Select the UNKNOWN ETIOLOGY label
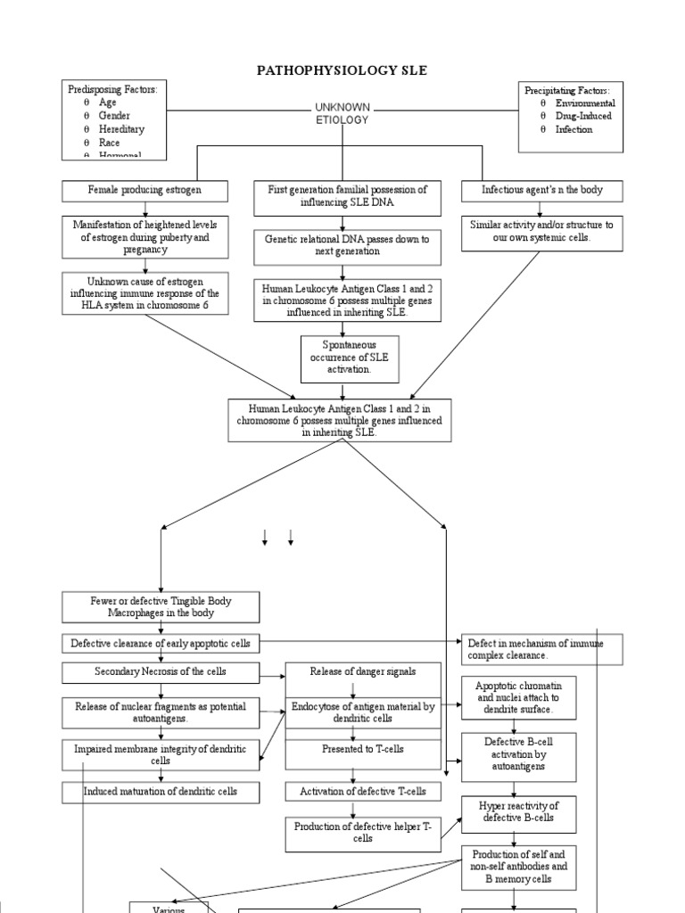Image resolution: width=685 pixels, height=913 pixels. click(342, 113)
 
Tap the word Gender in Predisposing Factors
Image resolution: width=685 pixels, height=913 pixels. click(114, 116)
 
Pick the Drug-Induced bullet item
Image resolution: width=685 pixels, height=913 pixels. click(584, 116)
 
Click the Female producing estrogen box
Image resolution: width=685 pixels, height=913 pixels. click(144, 191)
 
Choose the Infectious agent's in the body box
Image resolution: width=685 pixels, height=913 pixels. click(541, 191)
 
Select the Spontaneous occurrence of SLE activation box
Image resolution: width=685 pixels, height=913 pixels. click(349, 357)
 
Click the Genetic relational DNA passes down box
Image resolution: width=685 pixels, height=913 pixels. click(347, 245)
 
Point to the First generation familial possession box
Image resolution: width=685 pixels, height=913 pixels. click(347, 197)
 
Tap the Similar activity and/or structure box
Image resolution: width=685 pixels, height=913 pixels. click(541, 232)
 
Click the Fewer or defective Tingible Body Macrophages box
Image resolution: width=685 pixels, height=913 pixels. click(161, 607)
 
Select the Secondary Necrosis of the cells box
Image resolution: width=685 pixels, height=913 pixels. click(161, 670)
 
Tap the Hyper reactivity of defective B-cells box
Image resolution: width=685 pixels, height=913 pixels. click(517, 811)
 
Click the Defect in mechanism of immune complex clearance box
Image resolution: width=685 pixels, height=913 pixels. click(541, 649)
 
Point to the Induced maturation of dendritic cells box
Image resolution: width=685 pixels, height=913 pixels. click(161, 791)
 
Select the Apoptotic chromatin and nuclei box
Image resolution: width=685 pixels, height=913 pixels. click(519, 696)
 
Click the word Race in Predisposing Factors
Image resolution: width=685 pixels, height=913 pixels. click(109, 142)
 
